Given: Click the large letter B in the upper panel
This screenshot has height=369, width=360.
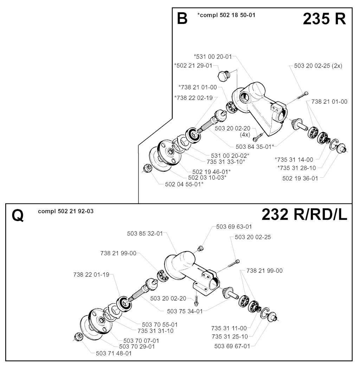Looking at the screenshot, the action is [182, 19].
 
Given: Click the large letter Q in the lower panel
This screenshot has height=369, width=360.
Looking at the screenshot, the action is [18, 215].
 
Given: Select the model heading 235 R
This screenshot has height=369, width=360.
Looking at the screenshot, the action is [324, 19].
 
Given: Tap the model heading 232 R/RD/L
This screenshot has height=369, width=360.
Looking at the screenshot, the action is [304, 215].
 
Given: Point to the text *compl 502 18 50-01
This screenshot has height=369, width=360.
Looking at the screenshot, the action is [226, 15].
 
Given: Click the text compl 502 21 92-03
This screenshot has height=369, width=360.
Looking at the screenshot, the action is [66, 211].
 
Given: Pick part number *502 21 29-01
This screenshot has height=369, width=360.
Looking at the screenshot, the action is [193, 66].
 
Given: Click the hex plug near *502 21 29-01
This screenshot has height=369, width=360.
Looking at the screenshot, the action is [224, 76].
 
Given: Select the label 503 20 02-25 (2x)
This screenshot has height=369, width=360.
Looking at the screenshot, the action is [318, 66].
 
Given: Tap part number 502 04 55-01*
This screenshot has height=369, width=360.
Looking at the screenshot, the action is [184, 184].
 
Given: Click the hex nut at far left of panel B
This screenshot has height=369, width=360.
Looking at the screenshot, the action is [147, 168].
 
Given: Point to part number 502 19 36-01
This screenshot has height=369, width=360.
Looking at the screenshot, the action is [300, 179].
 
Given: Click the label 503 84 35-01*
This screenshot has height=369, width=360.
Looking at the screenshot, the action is [255, 147].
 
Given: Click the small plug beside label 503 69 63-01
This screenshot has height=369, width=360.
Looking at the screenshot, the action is [200, 248].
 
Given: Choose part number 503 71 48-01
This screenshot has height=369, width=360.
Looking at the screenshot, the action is [114, 353].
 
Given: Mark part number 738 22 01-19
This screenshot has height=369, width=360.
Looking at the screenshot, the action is [91, 274].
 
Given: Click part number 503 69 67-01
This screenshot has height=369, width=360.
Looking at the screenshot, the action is [232, 346].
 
